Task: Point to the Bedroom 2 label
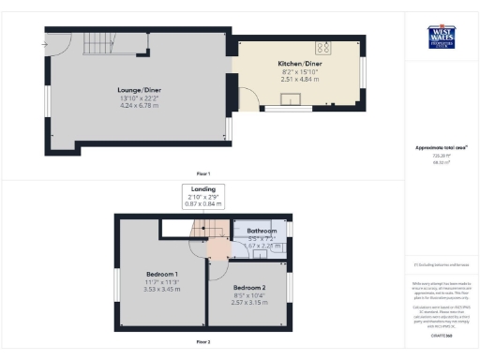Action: click(249, 287)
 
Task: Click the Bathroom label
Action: click(262, 231)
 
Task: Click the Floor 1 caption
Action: click(202, 173)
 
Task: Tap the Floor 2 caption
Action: click(202, 341)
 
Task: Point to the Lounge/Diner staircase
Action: click(97, 41)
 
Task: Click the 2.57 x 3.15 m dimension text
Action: click(249, 303)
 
